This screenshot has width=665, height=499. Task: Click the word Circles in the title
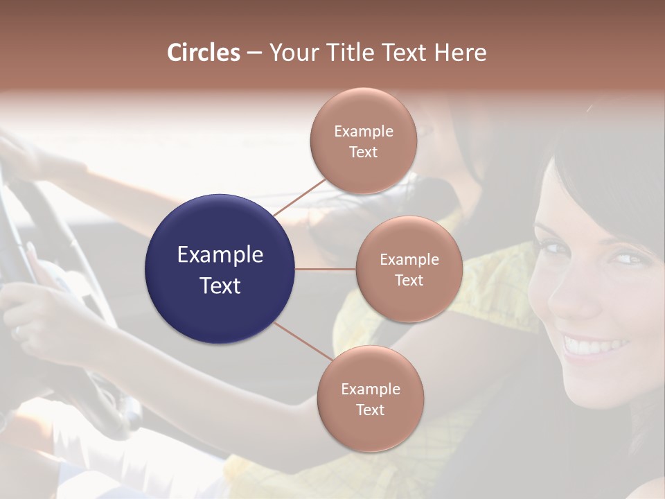coord(203,53)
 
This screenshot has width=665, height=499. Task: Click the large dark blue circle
coord(220,269)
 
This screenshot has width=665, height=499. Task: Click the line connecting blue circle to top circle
coord(299,196)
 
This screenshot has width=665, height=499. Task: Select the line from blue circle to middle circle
coord(326,269)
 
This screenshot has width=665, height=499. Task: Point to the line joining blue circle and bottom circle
coord(302,341)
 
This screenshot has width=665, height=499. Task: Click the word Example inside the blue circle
coord(220,255)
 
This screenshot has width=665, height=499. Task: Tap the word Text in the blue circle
coord(220,286)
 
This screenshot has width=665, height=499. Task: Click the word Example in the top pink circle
coord(363,132)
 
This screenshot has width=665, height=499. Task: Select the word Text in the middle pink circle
coord(409,281)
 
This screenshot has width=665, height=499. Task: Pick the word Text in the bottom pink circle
coord(370,410)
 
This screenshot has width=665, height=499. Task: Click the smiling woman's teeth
coord(594,344)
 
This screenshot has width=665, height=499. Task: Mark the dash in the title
coord(254,53)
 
